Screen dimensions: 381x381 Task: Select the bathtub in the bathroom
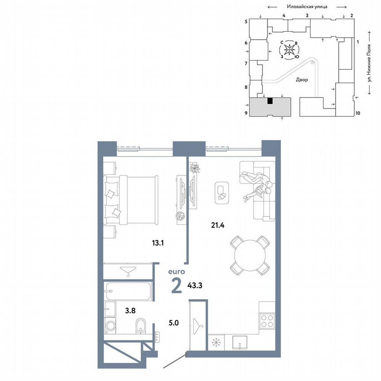pyautogui.click(x=128, y=291)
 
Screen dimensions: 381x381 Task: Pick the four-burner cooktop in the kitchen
pyautogui.click(x=267, y=320)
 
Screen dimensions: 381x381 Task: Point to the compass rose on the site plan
pyautogui.click(x=289, y=50)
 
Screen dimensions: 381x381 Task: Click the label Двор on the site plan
pyautogui.click(x=302, y=80)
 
